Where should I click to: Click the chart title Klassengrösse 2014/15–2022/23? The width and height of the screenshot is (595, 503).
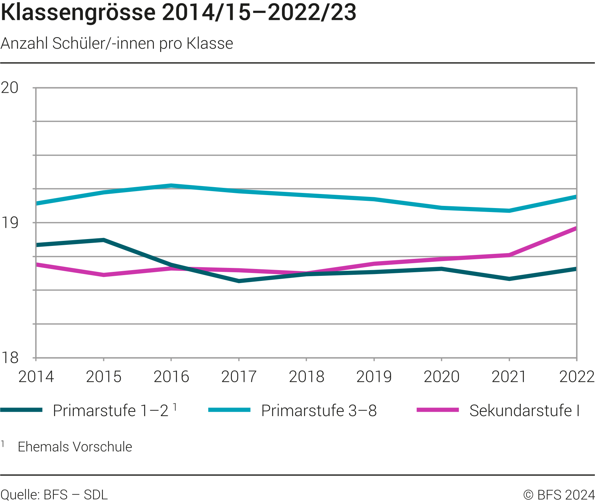click(x=178, y=12)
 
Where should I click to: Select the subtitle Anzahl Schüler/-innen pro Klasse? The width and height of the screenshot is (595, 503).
click(x=117, y=44)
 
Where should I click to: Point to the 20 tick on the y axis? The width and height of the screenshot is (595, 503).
click(x=10, y=88)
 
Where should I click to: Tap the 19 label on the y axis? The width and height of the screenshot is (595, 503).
click(x=10, y=223)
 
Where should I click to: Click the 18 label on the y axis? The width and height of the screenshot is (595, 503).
click(x=10, y=358)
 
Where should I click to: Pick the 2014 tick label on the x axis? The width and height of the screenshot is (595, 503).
click(x=36, y=377)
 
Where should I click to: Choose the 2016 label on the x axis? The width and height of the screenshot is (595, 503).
click(x=171, y=377)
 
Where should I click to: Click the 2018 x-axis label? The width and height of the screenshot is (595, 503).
click(x=307, y=377)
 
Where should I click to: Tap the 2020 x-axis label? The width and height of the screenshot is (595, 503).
click(x=441, y=377)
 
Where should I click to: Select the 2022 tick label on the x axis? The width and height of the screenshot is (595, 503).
click(x=576, y=377)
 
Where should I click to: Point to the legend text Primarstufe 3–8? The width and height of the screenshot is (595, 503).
click(x=319, y=411)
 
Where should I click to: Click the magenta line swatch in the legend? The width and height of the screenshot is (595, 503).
click(x=437, y=410)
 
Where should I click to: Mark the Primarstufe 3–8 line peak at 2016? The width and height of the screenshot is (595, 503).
click(x=171, y=186)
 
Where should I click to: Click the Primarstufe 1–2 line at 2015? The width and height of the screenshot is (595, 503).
click(x=104, y=240)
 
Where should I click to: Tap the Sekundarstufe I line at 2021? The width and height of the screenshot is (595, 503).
click(x=509, y=255)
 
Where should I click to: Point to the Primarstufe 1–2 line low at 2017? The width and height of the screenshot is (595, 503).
click(x=239, y=281)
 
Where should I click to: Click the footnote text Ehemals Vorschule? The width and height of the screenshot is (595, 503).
click(x=75, y=447)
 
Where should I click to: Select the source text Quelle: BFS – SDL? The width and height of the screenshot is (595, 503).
click(x=54, y=495)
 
